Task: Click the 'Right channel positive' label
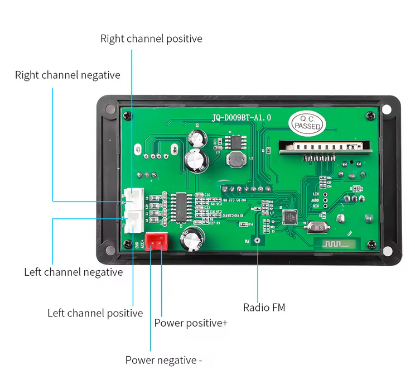[151, 39]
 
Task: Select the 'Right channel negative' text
[67, 75]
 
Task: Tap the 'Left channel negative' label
[73, 272]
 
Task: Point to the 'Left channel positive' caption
[95, 313]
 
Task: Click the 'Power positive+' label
[191, 323]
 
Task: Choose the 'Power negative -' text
[163, 360]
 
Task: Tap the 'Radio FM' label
[264, 307]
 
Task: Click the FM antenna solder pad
[258, 241]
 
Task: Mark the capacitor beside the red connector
[191, 238]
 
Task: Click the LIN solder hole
[325, 193]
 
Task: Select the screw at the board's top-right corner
[370, 116]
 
